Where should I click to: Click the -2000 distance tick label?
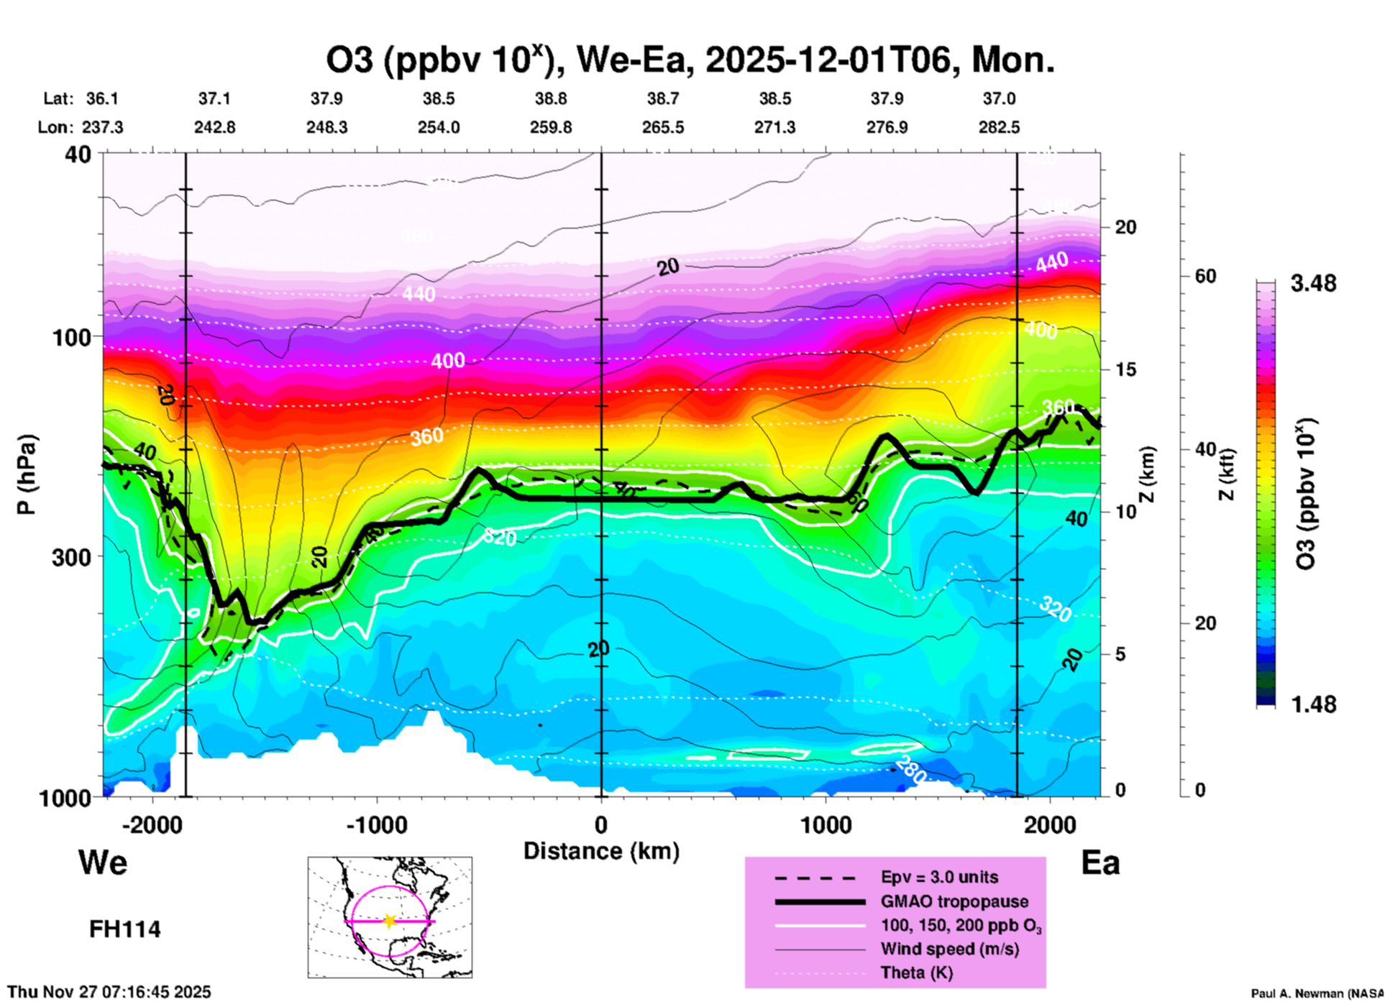152,824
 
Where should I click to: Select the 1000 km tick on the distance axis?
826,824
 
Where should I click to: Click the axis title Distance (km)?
601,851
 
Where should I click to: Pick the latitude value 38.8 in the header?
550,98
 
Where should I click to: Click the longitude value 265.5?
662,127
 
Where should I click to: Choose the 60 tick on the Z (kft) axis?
1205,276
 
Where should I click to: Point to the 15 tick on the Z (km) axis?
1125,369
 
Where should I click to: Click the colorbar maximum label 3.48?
1313,283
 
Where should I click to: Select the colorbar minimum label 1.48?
1313,704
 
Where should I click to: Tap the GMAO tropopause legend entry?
954,901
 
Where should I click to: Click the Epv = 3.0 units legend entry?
939,877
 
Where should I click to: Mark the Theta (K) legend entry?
916,973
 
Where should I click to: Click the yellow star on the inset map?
390,921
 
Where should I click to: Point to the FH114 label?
124,929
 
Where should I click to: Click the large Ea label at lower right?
1100,863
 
